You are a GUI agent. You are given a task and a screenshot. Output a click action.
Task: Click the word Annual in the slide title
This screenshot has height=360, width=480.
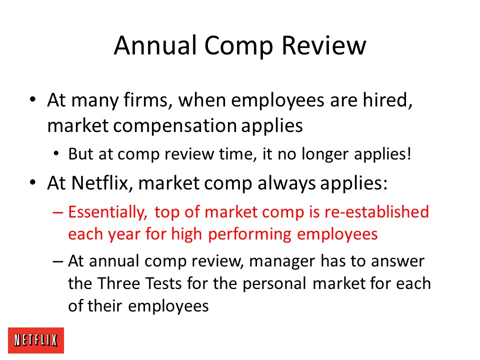[x=155, y=45]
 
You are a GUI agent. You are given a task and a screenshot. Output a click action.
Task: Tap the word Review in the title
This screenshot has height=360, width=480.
[x=323, y=45]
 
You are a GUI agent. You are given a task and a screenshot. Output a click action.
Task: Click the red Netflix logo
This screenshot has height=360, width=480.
[x=36, y=340]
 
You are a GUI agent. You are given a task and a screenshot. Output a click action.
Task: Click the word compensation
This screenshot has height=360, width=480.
[x=175, y=126]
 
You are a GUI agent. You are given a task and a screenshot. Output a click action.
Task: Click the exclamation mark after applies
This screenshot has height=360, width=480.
[x=409, y=153]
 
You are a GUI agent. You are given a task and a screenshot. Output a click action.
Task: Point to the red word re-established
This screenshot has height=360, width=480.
[x=376, y=212]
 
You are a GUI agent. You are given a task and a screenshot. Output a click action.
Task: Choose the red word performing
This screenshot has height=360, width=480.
[x=249, y=234]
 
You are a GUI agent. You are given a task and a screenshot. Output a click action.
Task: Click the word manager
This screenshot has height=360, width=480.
[x=282, y=261]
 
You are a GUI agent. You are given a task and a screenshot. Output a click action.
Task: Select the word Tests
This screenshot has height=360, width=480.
[x=164, y=283]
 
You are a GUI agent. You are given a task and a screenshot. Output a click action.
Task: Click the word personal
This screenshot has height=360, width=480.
[x=274, y=284]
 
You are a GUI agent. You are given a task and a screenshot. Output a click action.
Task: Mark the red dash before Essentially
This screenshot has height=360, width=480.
[x=58, y=212]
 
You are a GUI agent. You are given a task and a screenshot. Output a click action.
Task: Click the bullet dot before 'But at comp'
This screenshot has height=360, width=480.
[x=56, y=153]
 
